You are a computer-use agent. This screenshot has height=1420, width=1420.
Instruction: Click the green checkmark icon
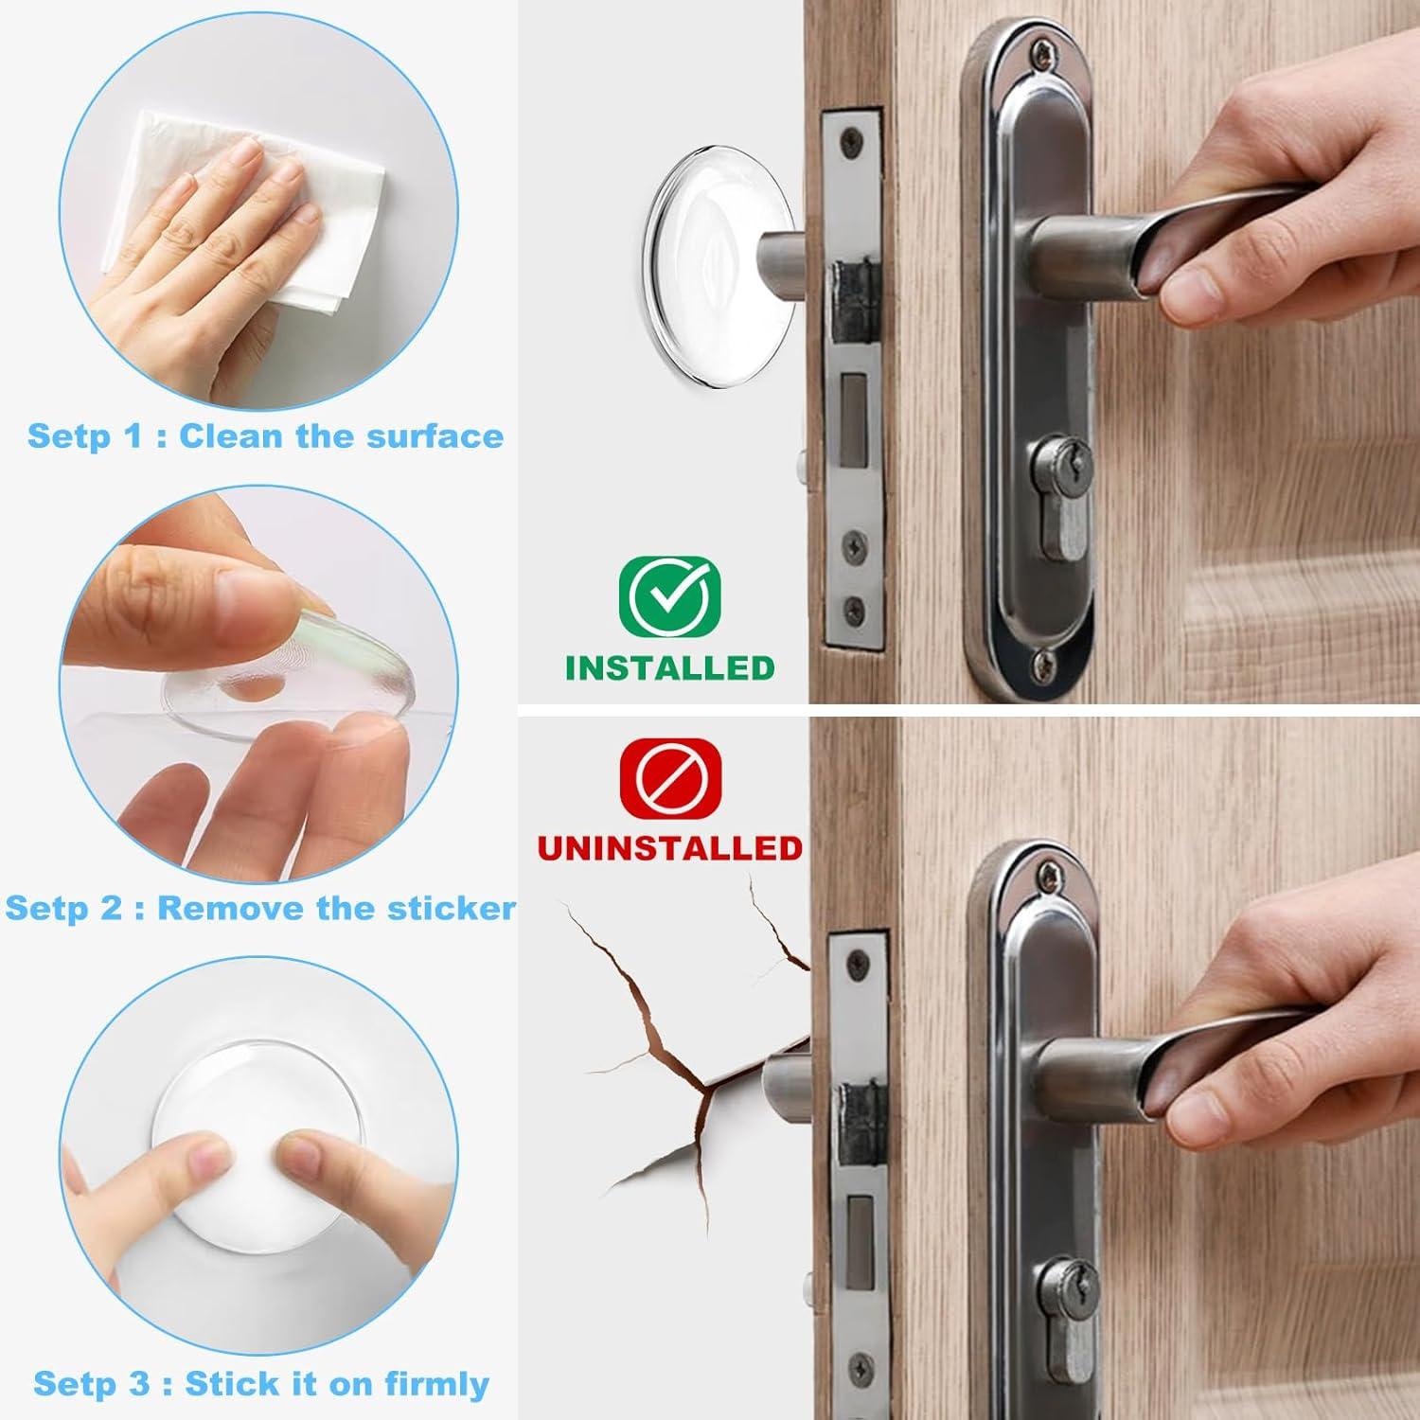pos(669,595)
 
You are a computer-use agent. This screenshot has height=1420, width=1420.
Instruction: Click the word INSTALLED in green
pos(669,667)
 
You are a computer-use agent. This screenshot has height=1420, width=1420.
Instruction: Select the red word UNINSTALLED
pos(669,847)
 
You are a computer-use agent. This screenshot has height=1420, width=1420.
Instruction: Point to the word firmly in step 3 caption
pos(436,1383)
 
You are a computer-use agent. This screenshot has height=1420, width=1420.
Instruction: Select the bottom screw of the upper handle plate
pos(1043,660)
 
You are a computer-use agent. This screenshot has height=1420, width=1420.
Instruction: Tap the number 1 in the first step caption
pos(133,436)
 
